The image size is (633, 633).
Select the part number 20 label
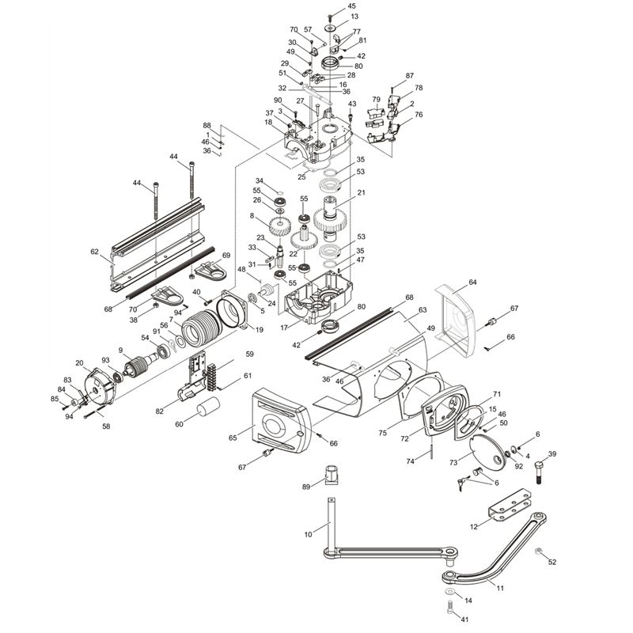[x=79, y=363]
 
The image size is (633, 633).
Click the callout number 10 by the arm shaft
[x=308, y=535]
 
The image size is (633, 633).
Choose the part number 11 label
[x=499, y=586]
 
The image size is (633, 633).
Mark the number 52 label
[x=552, y=562]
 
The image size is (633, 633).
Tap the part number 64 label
[x=472, y=282]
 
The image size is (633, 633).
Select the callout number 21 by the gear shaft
[x=361, y=193]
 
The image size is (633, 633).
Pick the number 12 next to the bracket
[x=474, y=526]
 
